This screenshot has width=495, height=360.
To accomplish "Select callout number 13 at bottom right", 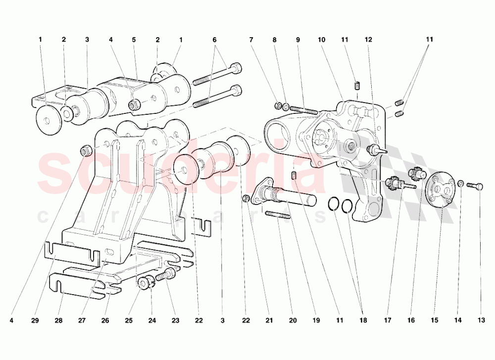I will pyautogui.click(x=481, y=321).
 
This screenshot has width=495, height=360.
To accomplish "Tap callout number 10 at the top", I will pyautogui.click(x=322, y=39).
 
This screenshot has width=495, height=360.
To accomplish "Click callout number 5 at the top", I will pyautogui.click(x=134, y=39).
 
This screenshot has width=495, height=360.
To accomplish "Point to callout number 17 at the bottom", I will pyautogui.click(x=388, y=321).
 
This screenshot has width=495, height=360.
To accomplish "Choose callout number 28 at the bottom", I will pyautogui.click(x=59, y=321).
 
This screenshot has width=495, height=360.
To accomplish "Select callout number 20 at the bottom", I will pyautogui.click(x=293, y=321).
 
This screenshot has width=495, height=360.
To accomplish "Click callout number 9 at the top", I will pyautogui.click(x=298, y=39).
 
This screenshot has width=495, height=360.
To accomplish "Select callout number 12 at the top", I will pyautogui.click(x=368, y=39).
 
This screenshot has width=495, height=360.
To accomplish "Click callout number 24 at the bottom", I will pyautogui.click(x=151, y=321).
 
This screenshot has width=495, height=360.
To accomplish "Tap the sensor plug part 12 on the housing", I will pyautogui.click(x=376, y=149).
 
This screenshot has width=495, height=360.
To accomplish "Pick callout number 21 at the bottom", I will pyautogui.click(x=269, y=321).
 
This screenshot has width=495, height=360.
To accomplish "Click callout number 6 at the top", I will pyautogui.click(x=214, y=39).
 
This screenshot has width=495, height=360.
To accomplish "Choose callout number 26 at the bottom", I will pyautogui.click(x=105, y=321).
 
